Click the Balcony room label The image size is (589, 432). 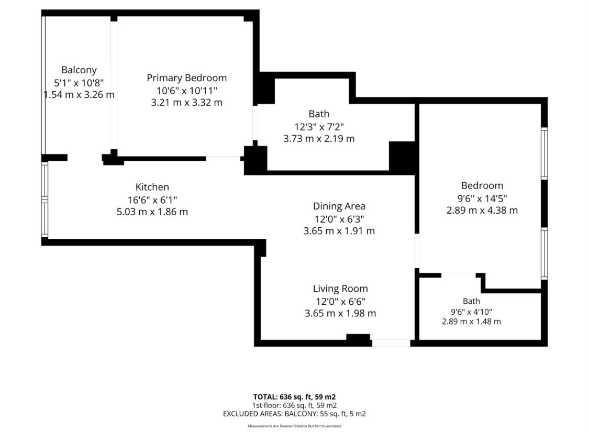[79, 70]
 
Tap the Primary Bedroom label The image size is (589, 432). [187, 77]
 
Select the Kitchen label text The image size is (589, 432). [152, 187]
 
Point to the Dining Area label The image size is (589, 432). [339, 206]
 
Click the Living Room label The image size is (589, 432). [340, 289]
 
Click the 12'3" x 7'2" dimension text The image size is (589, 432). [319, 127]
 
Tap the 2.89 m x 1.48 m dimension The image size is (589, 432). [471, 322]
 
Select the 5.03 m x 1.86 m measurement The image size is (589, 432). [152, 212]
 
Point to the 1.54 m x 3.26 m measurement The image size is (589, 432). [79, 95]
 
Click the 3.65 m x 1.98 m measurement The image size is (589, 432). [340, 313]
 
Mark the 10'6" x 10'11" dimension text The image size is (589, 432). [187, 91]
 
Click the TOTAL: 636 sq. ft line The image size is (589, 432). [294, 397]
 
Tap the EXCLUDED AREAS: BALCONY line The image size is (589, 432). [294, 414]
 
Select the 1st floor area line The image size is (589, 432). [294, 405]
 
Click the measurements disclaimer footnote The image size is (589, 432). [294, 426]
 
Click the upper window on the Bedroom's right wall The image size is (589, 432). [544, 153]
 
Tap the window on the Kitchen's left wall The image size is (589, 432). [45, 200]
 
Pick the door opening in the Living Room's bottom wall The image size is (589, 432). [391, 343]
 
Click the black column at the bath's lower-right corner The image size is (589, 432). [402, 157]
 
